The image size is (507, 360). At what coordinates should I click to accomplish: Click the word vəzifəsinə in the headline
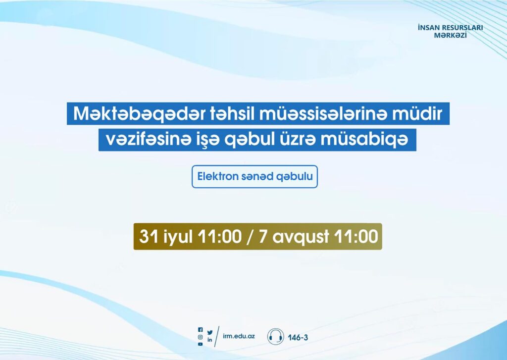tap(147, 140)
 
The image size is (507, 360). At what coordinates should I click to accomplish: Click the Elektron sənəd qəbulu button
tap(255, 177)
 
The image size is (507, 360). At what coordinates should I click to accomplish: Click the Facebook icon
tap(201, 330)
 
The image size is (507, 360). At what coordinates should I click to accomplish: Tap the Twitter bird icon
tap(210, 332)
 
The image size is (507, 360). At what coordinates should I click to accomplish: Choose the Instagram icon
tap(201, 337)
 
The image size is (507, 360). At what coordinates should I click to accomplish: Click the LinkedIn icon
tap(210, 340)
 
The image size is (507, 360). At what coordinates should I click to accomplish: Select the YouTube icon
tap(201, 344)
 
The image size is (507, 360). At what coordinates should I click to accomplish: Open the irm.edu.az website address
tap(239, 336)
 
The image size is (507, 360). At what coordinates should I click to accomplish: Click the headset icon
tap(275, 336)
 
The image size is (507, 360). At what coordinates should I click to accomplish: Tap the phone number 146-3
tap(298, 338)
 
